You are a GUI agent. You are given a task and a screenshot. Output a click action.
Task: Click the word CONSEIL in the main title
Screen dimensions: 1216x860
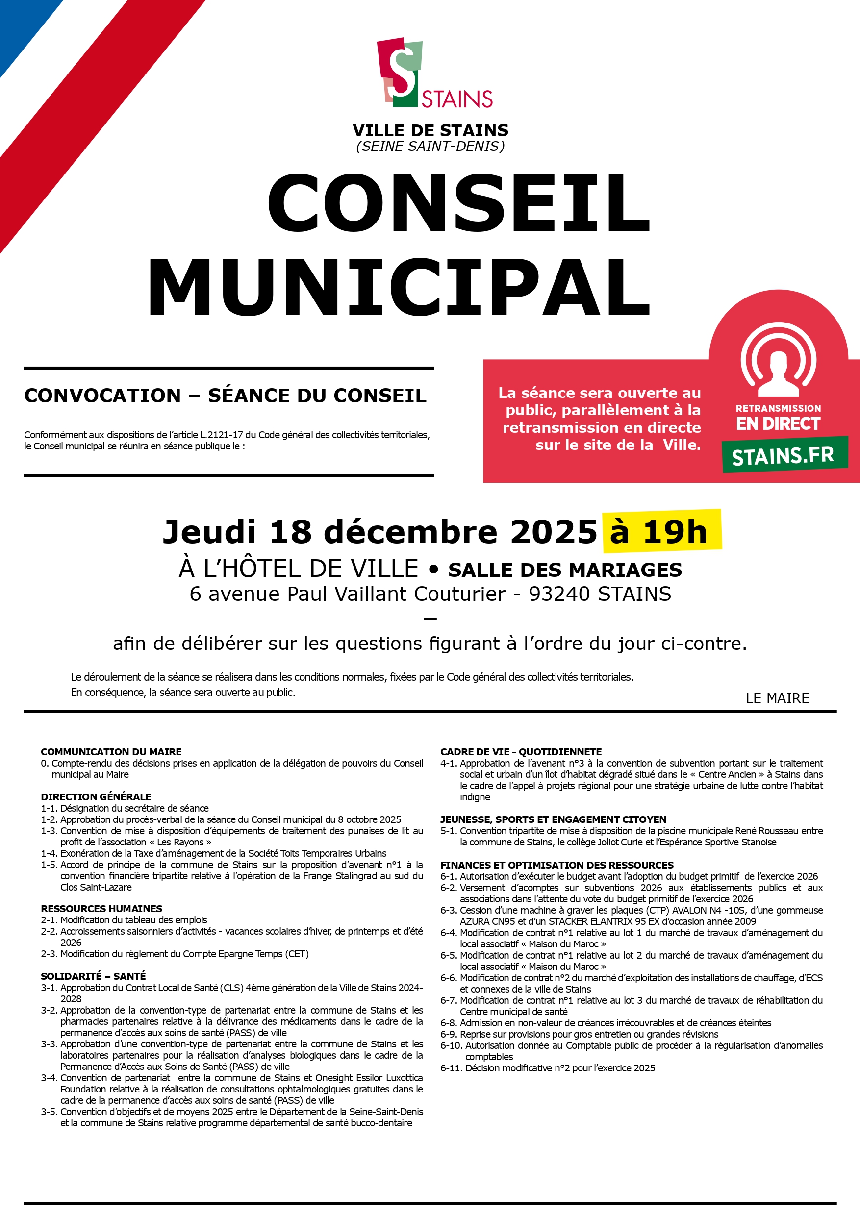point(459,204)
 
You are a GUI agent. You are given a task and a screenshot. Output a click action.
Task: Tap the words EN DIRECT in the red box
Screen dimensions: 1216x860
point(778,423)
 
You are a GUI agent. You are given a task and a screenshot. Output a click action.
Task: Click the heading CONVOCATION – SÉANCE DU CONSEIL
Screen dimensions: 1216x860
point(225,396)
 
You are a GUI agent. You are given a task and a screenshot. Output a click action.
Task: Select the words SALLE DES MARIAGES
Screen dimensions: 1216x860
point(565,570)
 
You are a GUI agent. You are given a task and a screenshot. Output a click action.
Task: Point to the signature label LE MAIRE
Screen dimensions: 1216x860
point(777,698)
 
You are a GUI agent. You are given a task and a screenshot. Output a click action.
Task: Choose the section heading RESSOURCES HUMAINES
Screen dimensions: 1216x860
point(101,909)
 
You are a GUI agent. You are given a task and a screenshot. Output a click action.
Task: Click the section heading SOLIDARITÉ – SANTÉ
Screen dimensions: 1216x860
point(93,976)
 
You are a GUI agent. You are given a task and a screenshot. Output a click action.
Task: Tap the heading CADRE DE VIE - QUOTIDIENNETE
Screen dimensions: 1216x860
point(521,752)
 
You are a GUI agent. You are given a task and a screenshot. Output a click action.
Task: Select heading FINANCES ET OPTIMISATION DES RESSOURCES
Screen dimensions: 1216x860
point(557,865)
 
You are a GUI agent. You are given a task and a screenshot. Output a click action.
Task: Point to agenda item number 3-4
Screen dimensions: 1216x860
point(50,1078)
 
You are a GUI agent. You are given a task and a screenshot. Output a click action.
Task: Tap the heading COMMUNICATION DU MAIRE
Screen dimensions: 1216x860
point(111,752)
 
